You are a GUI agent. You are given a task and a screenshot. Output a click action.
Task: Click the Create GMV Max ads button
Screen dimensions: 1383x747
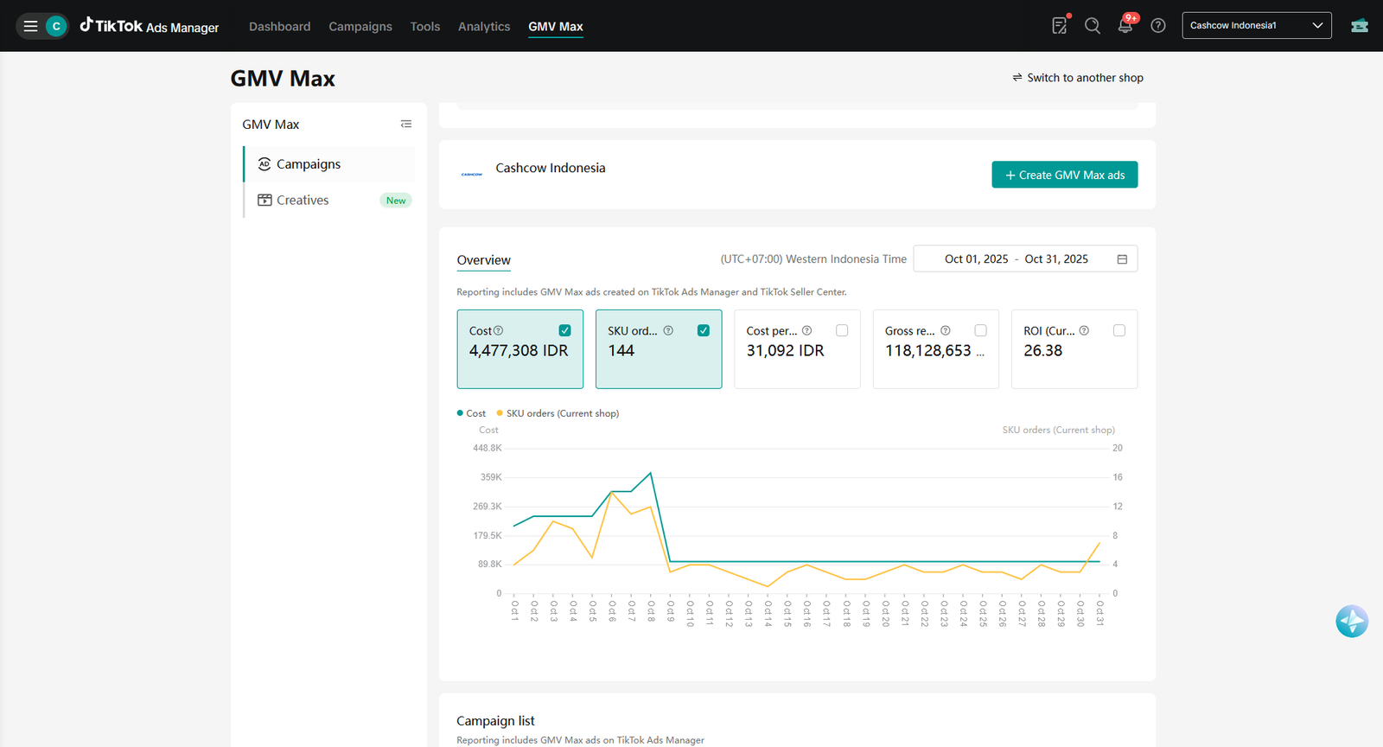(x=1064, y=175)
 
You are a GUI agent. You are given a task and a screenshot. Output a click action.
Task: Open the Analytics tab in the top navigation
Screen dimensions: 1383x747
(x=484, y=27)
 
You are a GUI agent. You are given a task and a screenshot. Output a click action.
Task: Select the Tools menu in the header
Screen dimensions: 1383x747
(x=424, y=27)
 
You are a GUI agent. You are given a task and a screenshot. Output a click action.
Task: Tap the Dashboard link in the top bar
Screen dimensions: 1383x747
(x=280, y=27)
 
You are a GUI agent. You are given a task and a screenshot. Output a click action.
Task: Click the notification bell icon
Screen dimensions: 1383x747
(x=1125, y=26)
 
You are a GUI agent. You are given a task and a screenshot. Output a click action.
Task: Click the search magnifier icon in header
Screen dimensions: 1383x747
(x=1093, y=26)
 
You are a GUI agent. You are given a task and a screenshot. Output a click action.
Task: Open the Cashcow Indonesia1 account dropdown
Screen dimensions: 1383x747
(x=1257, y=25)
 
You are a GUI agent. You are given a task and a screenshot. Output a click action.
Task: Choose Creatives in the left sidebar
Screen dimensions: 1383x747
(x=303, y=200)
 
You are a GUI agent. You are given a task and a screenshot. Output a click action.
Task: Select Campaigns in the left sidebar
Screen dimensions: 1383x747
(x=308, y=164)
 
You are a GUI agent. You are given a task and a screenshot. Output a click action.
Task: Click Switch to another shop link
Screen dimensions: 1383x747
(x=1078, y=78)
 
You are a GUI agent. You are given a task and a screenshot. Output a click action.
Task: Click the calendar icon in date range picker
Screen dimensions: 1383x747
(x=1122, y=259)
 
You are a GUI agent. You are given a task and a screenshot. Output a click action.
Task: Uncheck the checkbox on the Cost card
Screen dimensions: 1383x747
(x=564, y=330)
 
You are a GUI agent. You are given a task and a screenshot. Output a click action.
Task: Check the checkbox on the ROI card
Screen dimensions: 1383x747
(x=1119, y=330)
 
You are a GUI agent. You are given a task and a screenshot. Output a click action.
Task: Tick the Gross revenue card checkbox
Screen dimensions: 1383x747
(x=980, y=330)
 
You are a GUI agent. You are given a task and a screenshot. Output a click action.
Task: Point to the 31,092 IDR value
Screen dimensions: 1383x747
(x=785, y=351)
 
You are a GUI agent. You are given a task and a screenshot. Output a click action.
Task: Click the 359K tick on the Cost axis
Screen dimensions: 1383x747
(x=491, y=477)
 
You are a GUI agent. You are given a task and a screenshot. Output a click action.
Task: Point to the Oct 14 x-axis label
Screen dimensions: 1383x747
(x=768, y=614)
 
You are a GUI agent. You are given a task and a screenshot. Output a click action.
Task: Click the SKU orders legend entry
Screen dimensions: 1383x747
(x=558, y=413)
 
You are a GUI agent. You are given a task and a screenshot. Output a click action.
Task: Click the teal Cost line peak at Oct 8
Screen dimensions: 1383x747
(x=650, y=473)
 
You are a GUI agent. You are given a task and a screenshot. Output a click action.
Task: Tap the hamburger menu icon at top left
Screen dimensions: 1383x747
(x=30, y=26)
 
